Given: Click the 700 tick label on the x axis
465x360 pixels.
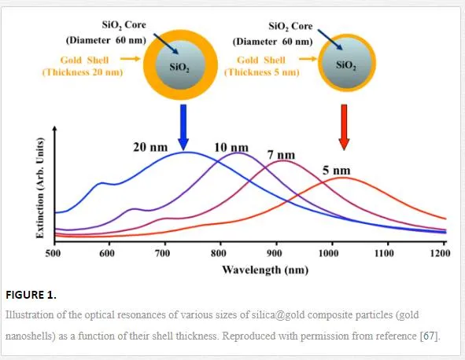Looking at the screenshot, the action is (162, 253).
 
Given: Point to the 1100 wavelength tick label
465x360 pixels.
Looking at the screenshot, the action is (384, 253).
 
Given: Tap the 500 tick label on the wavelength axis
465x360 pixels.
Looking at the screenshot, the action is (53, 253).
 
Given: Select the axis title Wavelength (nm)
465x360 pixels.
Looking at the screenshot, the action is (265, 270).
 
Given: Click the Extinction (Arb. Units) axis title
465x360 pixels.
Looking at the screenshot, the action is (40, 188).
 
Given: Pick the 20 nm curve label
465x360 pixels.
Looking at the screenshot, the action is (150, 147).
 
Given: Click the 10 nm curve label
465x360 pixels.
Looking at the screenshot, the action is (231, 147).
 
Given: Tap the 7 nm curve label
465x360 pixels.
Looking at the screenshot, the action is (281, 155).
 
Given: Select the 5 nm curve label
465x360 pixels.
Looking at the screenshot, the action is (337, 171).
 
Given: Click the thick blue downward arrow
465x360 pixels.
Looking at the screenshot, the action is (183, 127).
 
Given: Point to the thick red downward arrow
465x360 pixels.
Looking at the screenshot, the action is (344, 127).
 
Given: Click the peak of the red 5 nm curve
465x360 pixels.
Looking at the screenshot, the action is (343, 178).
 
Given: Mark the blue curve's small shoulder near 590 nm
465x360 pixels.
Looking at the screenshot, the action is (101, 183).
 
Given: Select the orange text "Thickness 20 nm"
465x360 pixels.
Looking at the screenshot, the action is (83, 72).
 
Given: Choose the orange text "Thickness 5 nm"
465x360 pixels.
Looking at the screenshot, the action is (262, 72).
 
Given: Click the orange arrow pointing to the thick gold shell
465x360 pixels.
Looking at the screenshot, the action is (130, 59).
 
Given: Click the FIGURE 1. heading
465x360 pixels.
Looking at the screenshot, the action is (31, 295).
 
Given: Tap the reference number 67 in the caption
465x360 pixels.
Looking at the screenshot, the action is (429, 336).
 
